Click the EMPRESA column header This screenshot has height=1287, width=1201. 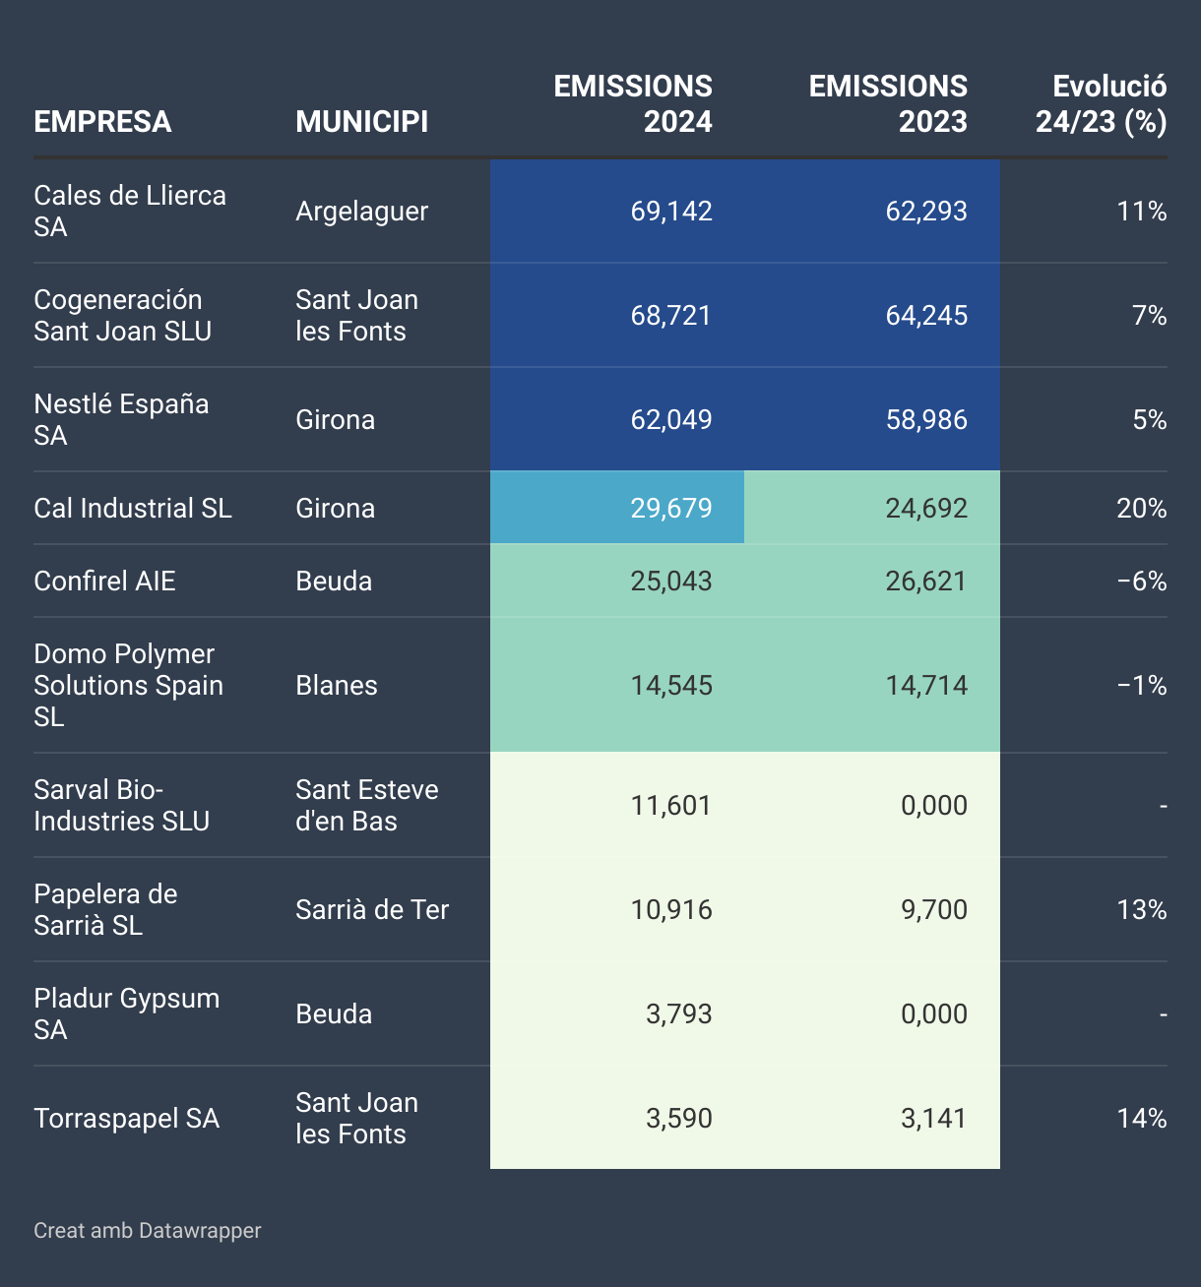coord(102,122)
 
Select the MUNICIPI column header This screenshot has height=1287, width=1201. coord(361,122)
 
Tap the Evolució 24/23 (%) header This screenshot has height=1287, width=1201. coord(1101,104)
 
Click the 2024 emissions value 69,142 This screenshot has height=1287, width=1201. coord(671,212)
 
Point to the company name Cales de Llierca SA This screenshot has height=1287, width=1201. coord(129,212)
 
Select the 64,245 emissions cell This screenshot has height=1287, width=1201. coord(926,316)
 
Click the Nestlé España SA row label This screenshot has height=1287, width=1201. coord(120,420)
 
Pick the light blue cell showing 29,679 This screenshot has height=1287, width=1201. coord(671,509)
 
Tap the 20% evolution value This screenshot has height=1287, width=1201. coord(1141,509)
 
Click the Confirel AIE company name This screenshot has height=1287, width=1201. coord(104,582)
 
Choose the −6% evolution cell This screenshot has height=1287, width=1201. coord(1142,582)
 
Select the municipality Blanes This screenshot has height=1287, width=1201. coord(337,686)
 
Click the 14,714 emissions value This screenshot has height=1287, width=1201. coord(926,686)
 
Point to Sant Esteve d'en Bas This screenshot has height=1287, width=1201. coord(366,806)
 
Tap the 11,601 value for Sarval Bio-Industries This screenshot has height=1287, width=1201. coord(671,806)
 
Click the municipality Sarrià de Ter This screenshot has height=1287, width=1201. coord(372,910)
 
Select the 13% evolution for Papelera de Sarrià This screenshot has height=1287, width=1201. coord(1141,910)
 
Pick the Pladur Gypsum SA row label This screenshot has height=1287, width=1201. coord(126,1014)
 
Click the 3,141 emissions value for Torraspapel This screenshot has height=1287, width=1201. coord(934,1119)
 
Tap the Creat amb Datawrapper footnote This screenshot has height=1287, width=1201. coord(148,1231)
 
